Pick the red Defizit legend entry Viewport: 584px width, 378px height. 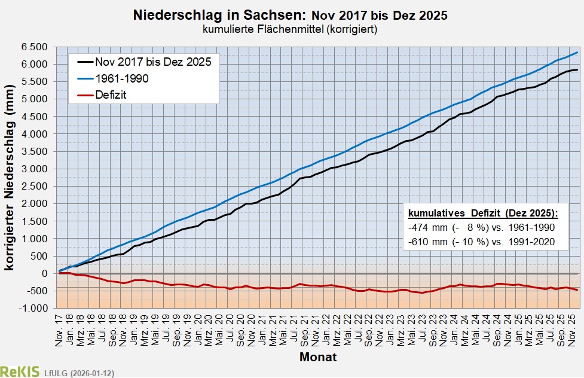point(111,94)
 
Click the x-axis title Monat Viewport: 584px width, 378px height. point(317,358)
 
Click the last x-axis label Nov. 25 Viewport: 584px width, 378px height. point(571,328)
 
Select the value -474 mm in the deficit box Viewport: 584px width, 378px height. point(424,228)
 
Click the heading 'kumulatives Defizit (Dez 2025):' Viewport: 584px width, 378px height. point(483,214)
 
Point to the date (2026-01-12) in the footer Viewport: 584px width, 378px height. point(92,373)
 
